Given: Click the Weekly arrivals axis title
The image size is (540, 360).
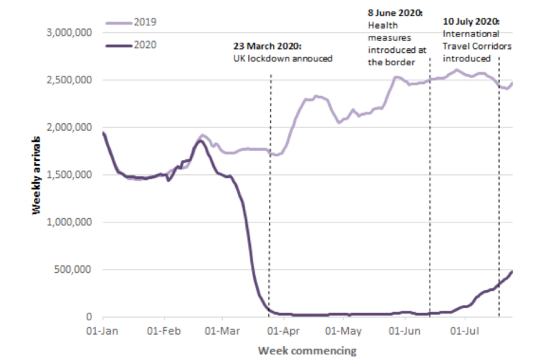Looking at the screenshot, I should pos(37,174).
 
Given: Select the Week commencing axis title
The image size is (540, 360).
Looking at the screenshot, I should pos(307,350).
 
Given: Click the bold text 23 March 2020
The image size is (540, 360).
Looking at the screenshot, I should pos(268,46).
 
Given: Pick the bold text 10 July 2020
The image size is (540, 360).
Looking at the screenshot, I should pos(471,22).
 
